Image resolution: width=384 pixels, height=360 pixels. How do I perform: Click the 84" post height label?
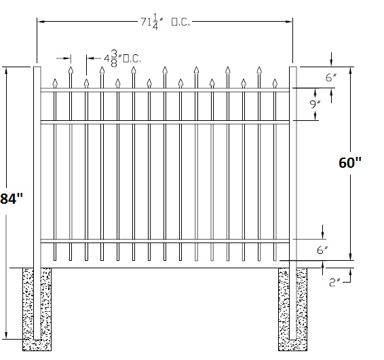[x=12, y=198]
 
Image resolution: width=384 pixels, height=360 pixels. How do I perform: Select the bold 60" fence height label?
[x=350, y=162]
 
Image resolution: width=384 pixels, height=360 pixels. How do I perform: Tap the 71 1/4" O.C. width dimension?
[x=165, y=22]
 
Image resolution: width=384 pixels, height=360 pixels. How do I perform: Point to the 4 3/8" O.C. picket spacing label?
[x=122, y=58]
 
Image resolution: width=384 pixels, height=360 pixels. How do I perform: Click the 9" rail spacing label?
[x=315, y=105]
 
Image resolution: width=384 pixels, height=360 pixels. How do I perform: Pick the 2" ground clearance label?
[x=334, y=283]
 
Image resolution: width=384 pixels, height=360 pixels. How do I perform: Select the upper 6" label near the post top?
[x=331, y=77]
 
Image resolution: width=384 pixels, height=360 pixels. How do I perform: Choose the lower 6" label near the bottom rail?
[x=322, y=250]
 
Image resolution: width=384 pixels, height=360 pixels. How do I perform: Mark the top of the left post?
[x=37, y=67]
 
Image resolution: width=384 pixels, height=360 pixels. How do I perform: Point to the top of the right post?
[x=293, y=67]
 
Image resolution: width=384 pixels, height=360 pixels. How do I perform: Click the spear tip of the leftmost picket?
[x=55, y=79]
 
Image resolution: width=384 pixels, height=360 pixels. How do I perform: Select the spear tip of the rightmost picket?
[x=275, y=79]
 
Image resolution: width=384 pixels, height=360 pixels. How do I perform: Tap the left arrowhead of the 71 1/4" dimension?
[x=39, y=22]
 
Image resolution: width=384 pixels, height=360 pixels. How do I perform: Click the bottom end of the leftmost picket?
[x=55, y=260]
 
